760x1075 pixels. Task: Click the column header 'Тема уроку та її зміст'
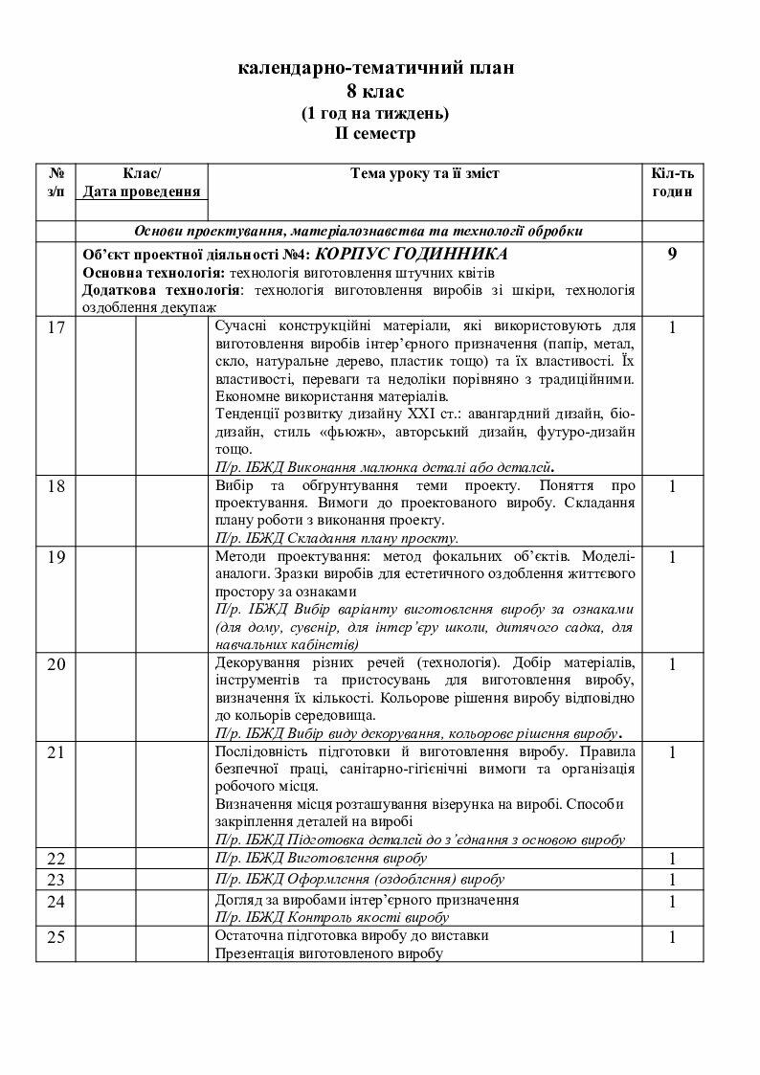tap(425, 173)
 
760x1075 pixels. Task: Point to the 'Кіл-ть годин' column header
tap(672, 182)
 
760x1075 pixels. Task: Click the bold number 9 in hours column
tap(672, 255)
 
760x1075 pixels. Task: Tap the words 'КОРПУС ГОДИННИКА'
tap(412, 254)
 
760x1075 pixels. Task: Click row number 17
tap(56, 327)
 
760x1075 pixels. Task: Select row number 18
tap(56, 486)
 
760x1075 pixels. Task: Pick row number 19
tap(56, 557)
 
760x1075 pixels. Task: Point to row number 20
tap(56, 664)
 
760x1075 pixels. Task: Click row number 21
tap(56, 752)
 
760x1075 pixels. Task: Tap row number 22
tap(56, 859)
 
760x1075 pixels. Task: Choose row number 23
tap(56, 880)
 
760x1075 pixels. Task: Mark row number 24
tap(56, 902)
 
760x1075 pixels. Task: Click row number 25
tap(56, 937)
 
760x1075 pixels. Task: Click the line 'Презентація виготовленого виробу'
tap(329, 953)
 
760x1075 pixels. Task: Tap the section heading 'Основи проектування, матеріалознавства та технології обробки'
tap(358, 232)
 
